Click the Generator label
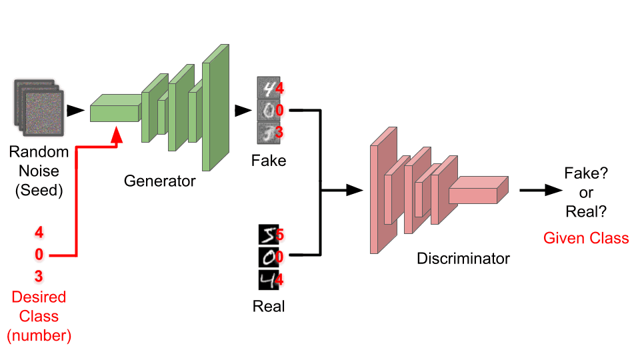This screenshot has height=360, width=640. [159, 181]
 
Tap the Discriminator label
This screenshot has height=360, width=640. [463, 259]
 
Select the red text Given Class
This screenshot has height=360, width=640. [586, 238]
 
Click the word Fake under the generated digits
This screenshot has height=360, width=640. [269, 161]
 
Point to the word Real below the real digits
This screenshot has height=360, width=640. [269, 306]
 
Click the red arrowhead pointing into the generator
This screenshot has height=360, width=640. [117, 135]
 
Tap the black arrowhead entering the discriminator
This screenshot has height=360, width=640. [354, 190]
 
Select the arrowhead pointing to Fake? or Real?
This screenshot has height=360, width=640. [553, 190]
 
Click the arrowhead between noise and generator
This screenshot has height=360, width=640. [75, 110]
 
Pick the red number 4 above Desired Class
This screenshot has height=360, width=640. [39, 232]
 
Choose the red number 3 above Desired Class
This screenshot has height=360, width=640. [39, 276]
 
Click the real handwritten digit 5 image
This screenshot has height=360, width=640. [269, 235]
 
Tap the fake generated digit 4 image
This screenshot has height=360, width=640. [268, 88]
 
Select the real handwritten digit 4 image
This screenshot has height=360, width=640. [269, 279]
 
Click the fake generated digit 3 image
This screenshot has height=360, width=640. [268, 133]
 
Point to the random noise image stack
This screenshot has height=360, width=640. [39, 108]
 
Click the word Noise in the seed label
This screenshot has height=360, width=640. [39, 171]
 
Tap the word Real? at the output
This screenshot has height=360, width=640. [586, 211]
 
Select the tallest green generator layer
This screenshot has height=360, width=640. [215, 107]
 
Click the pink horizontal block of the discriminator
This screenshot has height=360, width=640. [479, 190]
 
